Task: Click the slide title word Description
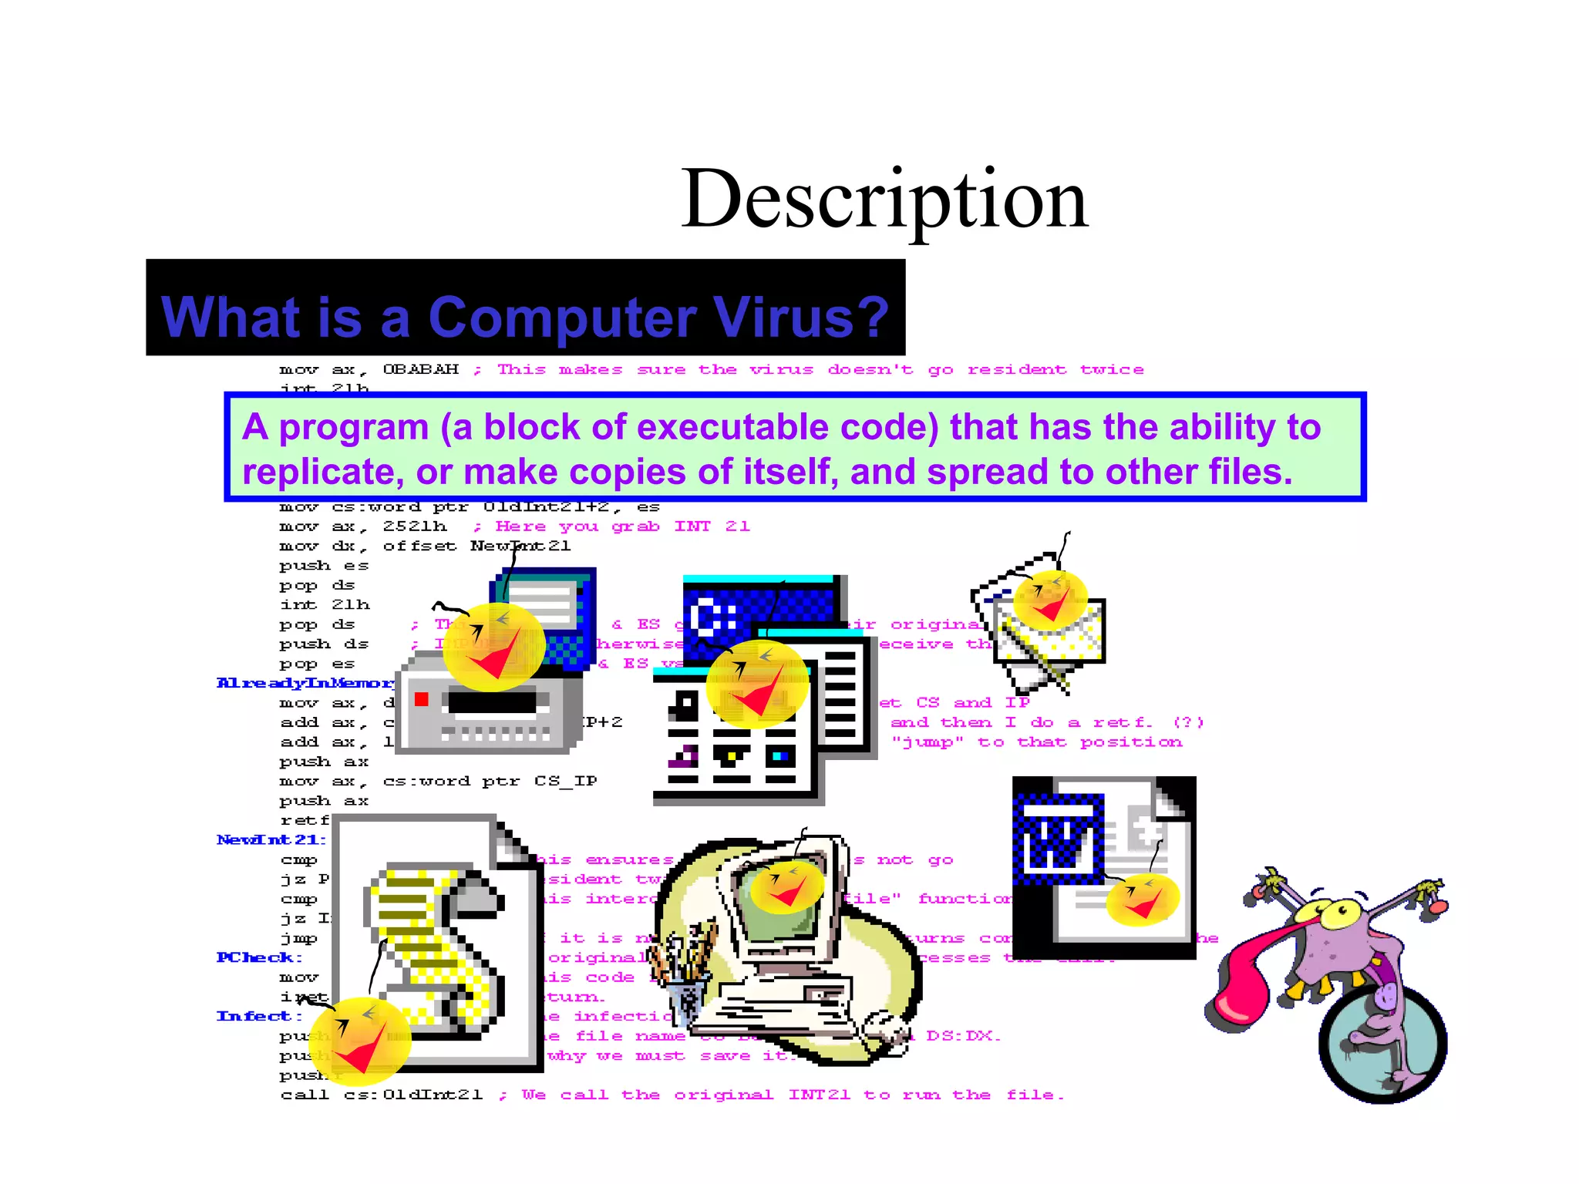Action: click(884, 200)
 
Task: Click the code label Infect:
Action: click(259, 1016)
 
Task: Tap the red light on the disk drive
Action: click(421, 699)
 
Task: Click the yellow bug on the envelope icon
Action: click(1049, 599)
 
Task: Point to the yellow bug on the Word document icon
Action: click(1142, 899)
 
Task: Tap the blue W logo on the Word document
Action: click(1057, 841)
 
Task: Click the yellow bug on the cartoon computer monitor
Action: click(787, 887)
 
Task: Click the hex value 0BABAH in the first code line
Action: click(420, 369)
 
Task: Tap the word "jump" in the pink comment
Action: click(928, 742)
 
